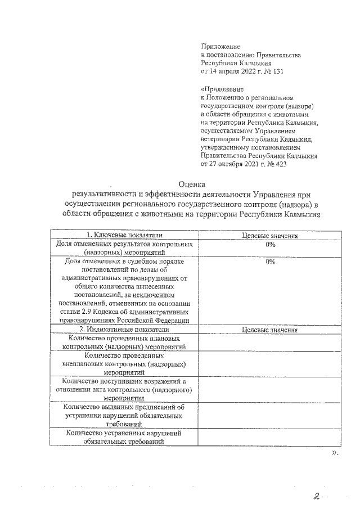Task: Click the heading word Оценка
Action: coord(192,183)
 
